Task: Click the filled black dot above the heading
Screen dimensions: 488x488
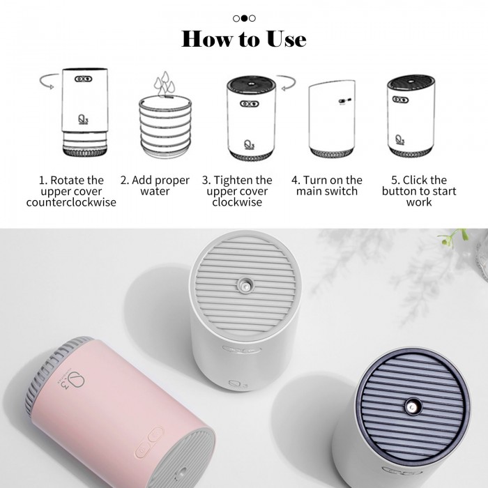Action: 244,18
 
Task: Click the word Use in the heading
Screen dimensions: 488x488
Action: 287,39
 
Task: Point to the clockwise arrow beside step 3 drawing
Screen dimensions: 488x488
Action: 288,83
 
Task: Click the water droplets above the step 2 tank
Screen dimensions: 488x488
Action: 164,84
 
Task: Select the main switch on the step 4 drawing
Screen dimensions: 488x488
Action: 345,100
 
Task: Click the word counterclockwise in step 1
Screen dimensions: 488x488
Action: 71,202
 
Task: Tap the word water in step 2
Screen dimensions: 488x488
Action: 155,191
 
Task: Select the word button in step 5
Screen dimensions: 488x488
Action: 398,191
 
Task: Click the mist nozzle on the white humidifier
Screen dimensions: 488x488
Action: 245,284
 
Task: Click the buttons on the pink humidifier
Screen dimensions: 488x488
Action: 149,442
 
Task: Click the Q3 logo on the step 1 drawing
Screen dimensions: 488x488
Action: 83,119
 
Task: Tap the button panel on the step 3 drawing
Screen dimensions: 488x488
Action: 250,104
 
